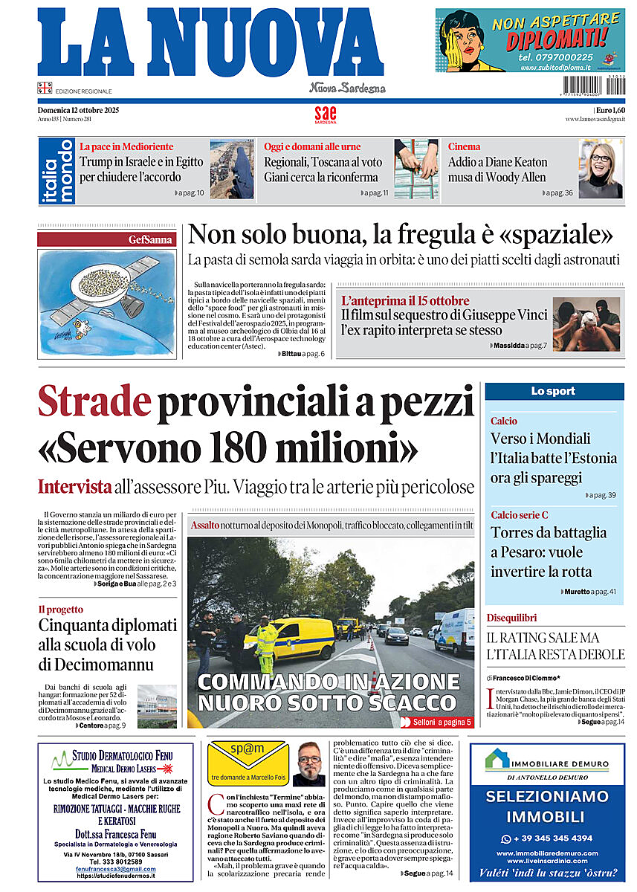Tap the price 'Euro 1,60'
609,110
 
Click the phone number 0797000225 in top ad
557,56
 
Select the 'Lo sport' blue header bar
554,391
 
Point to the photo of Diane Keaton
600,169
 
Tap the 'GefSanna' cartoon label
151,239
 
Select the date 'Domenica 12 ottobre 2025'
78,110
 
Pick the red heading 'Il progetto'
61,609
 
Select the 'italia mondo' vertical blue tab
56,170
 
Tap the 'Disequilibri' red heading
511,618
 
